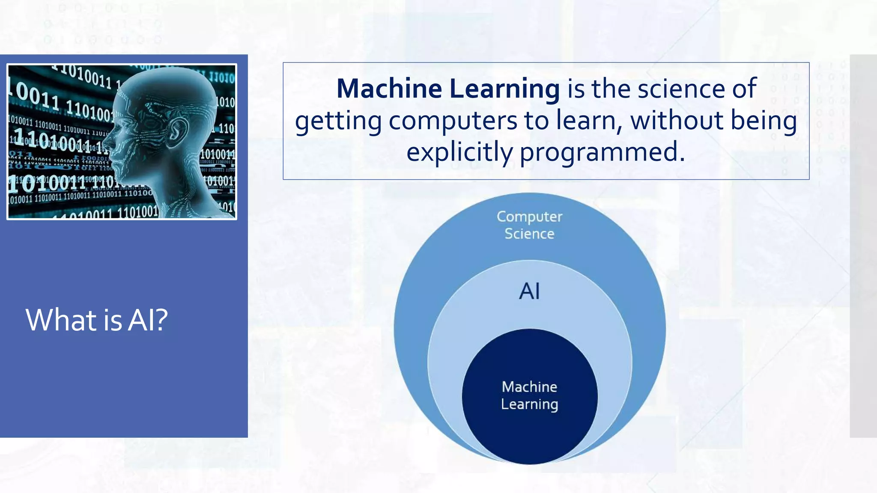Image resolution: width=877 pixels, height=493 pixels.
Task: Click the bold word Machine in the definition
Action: (x=389, y=89)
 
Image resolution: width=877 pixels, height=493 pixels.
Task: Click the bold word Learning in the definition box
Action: (x=504, y=89)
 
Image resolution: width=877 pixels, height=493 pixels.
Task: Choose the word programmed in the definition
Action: (x=602, y=152)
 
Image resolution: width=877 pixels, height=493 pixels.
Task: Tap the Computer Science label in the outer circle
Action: (x=529, y=225)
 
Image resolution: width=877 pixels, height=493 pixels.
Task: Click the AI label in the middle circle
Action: (x=529, y=291)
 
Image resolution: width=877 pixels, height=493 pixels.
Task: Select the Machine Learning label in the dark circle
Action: (x=529, y=395)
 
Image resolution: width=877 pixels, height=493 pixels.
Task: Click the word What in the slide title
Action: (x=61, y=320)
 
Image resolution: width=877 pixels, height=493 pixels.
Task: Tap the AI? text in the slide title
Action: (x=148, y=320)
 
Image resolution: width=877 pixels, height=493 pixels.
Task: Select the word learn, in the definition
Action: (x=589, y=121)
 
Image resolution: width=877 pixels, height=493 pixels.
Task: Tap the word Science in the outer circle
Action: (x=529, y=234)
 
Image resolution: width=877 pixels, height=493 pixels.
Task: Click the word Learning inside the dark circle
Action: (x=529, y=404)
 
